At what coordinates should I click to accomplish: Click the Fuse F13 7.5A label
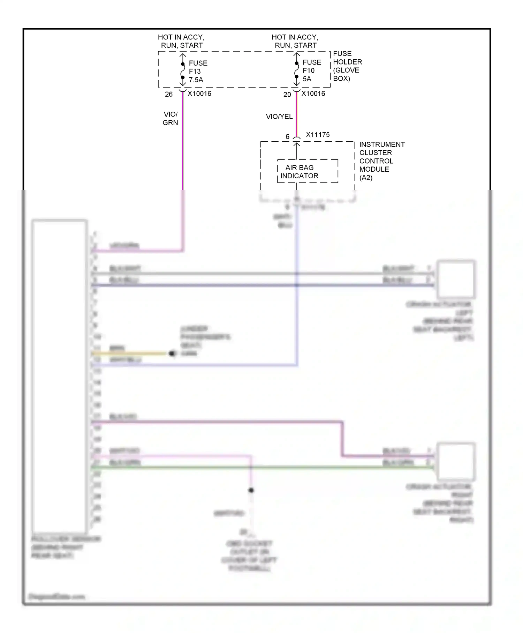(x=198, y=72)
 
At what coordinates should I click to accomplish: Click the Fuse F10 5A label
(x=311, y=70)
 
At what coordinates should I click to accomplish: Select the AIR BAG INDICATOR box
(x=307, y=171)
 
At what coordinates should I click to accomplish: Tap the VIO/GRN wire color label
(x=170, y=118)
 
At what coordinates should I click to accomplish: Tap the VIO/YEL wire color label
(x=279, y=117)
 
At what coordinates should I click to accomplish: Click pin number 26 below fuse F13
(x=169, y=94)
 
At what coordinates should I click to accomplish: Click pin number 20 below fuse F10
(x=287, y=95)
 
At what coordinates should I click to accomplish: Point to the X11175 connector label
(x=317, y=135)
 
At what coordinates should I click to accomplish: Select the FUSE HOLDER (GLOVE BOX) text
(x=347, y=66)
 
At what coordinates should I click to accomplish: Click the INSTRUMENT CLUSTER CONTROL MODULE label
(x=381, y=161)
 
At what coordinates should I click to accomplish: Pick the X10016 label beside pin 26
(x=199, y=94)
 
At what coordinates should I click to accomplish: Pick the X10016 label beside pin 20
(x=313, y=94)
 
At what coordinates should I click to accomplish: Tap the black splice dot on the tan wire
(x=172, y=353)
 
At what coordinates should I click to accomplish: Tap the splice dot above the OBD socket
(x=251, y=490)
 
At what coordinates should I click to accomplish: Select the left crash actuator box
(x=456, y=278)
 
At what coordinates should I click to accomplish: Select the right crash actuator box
(x=456, y=461)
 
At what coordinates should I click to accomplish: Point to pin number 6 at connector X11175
(x=287, y=137)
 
